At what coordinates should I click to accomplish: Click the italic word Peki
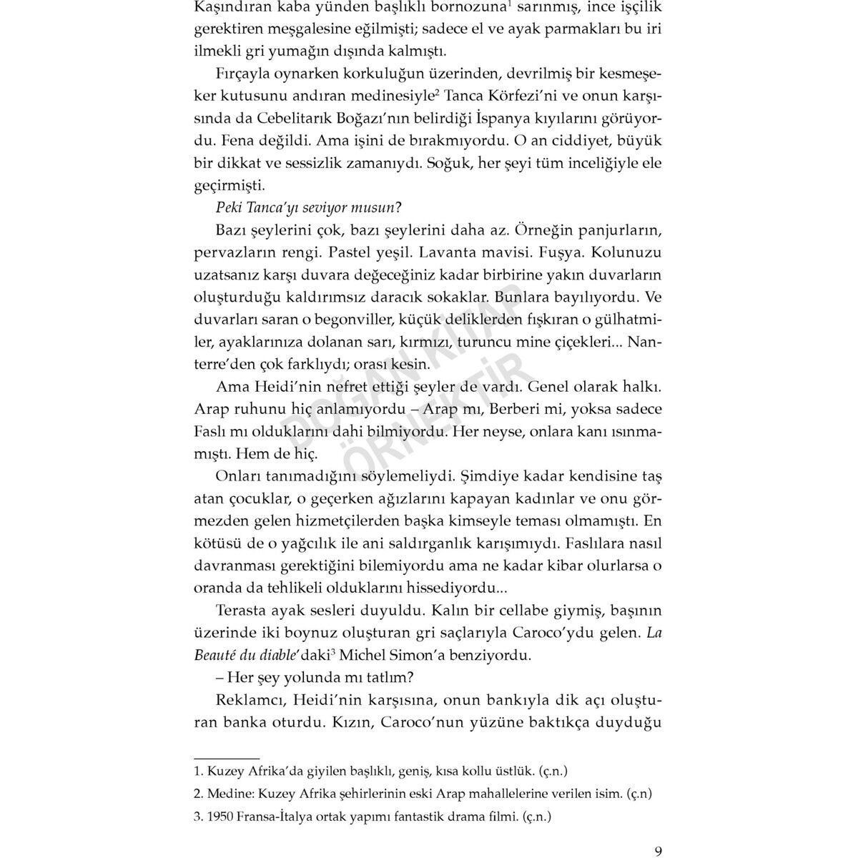tap(230, 208)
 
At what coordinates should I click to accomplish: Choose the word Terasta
tap(243, 611)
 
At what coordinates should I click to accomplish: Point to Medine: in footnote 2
tap(229, 794)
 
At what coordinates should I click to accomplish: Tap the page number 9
tap(658, 852)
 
